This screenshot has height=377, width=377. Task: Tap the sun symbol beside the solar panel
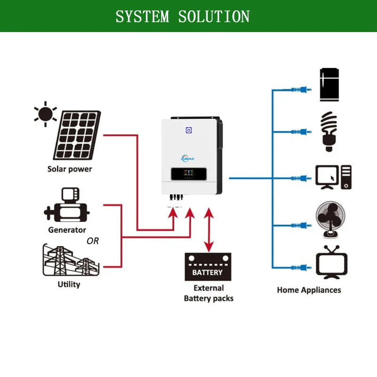(x=45, y=114)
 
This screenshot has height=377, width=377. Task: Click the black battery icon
(x=208, y=267)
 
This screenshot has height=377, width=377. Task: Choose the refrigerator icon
(x=329, y=84)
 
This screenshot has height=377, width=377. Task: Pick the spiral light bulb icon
(x=329, y=131)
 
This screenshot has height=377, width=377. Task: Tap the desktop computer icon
(x=333, y=177)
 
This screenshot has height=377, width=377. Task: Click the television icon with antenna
(x=332, y=263)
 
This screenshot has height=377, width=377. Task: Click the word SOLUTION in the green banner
(x=214, y=16)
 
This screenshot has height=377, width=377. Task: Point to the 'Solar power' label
(x=70, y=169)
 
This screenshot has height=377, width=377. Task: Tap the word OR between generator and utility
(x=93, y=241)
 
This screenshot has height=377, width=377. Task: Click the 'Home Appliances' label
(x=309, y=290)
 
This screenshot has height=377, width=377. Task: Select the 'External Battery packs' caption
(x=209, y=293)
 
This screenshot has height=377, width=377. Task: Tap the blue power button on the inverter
(x=188, y=130)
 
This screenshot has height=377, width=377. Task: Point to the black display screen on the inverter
(x=186, y=175)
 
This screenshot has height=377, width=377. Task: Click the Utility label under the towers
(x=69, y=284)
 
